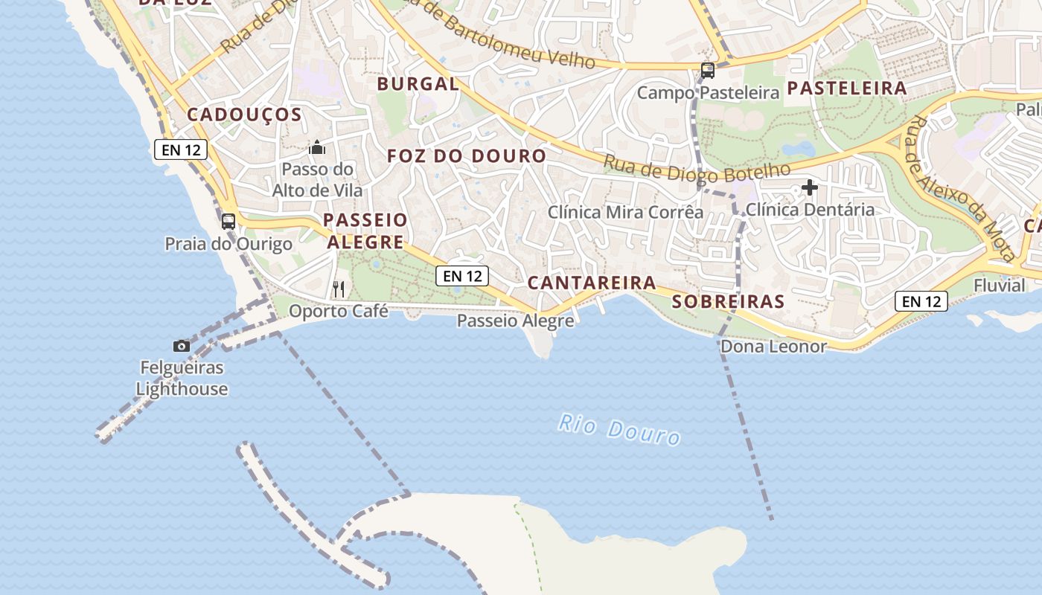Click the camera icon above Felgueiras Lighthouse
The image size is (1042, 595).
click(x=181, y=346)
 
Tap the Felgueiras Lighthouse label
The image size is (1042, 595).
click(x=182, y=378)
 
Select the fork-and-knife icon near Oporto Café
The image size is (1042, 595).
click(x=339, y=289)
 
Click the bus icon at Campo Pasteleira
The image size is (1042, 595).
click(x=707, y=71)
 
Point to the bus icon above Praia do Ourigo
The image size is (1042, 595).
click(x=228, y=221)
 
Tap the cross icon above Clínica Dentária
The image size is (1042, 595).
click(x=809, y=187)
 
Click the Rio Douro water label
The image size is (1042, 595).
click(x=619, y=429)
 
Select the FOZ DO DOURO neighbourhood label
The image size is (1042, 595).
click(x=467, y=156)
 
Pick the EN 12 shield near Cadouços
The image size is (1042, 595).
click(x=181, y=149)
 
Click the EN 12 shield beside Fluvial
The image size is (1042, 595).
click(x=921, y=301)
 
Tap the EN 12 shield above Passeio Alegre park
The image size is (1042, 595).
click(x=462, y=276)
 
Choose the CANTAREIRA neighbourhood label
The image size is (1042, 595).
click(x=592, y=283)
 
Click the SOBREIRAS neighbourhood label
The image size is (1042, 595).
click(x=728, y=301)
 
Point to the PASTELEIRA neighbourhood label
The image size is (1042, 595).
click(x=847, y=89)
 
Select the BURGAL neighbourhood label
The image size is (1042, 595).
click(x=418, y=84)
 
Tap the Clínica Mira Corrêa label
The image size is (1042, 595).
click(x=625, y=212)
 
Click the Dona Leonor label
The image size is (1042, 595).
click(x=773, y=346)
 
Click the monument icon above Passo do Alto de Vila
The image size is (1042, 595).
click(x=317, y=147)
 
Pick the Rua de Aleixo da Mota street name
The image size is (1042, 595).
click(x=961, y=189)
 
